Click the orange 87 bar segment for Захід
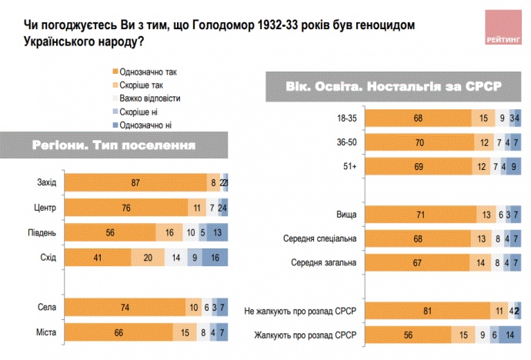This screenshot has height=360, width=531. (136, 183)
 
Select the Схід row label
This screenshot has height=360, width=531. (47, 257)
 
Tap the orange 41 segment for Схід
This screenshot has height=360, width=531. (98, 257)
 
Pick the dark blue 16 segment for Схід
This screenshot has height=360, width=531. (215, 257)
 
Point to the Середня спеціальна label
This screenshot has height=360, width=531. (318, 238)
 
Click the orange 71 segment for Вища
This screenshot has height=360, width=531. (419, 215)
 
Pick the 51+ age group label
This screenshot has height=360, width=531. (349, 166)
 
